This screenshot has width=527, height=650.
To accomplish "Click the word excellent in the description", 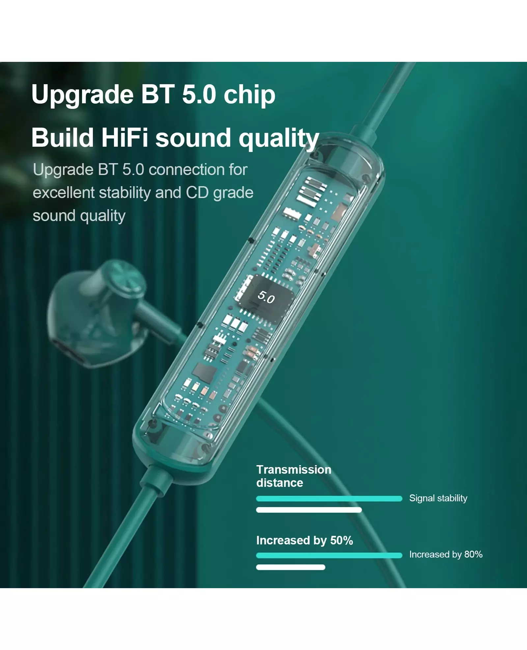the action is pos(64,192).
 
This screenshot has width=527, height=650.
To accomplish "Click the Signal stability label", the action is pos(438,498).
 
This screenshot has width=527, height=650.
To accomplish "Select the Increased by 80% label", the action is pos(446,554).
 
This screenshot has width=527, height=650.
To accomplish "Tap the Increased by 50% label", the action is pos(304,540).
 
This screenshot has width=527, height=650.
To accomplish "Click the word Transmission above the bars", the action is pos(294,469).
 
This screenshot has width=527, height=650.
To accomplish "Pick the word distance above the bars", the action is pos(280,483).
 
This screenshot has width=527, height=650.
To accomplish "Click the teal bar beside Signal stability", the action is pos(329,499).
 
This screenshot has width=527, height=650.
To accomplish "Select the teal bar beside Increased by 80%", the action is pos(329,555).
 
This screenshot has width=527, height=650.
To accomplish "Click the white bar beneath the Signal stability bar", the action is pos(309,510).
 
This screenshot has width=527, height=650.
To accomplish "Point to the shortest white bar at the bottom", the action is pos(291,567).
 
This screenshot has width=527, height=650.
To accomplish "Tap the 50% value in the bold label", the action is pos(342,540).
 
